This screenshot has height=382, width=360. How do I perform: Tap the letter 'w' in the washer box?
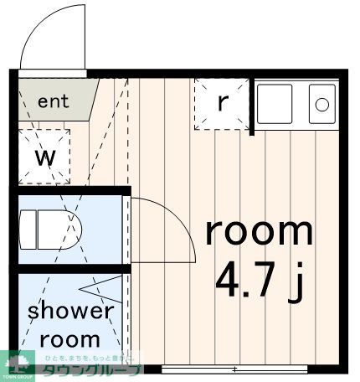click(x=44, y=157)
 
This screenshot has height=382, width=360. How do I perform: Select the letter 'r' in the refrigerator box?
click(x=222, y=102)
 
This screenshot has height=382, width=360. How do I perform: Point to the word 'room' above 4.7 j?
click(x=259, y=230)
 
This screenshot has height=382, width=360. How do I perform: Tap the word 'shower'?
click(x=70, y=312)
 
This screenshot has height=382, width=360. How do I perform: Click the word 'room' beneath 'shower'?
click(x=70, y=340)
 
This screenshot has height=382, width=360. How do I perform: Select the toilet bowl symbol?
click(x=64, y=229)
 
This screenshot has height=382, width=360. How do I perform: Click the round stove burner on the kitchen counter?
click(x=321, y=104)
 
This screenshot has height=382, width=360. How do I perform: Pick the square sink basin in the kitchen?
click(x=275, y=104)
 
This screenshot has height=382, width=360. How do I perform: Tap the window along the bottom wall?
click(x=234, y=369)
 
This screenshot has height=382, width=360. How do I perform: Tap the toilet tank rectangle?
click(x=28, y=229)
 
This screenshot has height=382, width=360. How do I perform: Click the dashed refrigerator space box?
click(x=222, y=105)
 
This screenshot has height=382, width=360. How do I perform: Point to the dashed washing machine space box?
click(x=44, y=157)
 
